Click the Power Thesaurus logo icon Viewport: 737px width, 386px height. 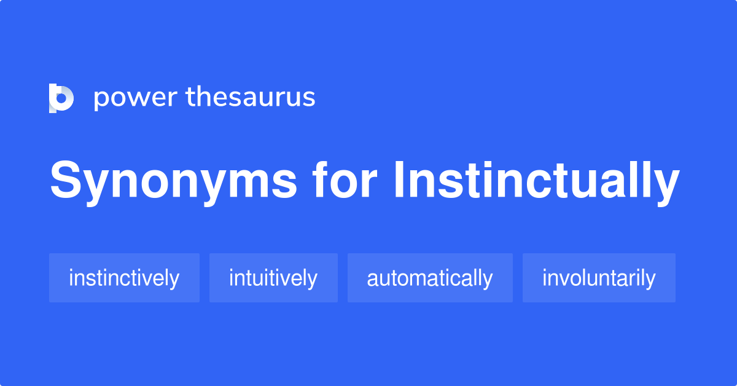[x=61, y=98]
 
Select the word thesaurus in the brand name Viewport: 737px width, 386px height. [x=251, y=98]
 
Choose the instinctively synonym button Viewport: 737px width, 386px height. [x=124, y=278]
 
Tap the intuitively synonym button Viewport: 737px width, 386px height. [x=273, y=278]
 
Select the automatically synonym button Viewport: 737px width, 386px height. [x=430, y=278]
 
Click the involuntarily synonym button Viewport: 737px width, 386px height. [x=599, y=278]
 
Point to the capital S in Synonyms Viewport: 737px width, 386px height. [x=66, y=181]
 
